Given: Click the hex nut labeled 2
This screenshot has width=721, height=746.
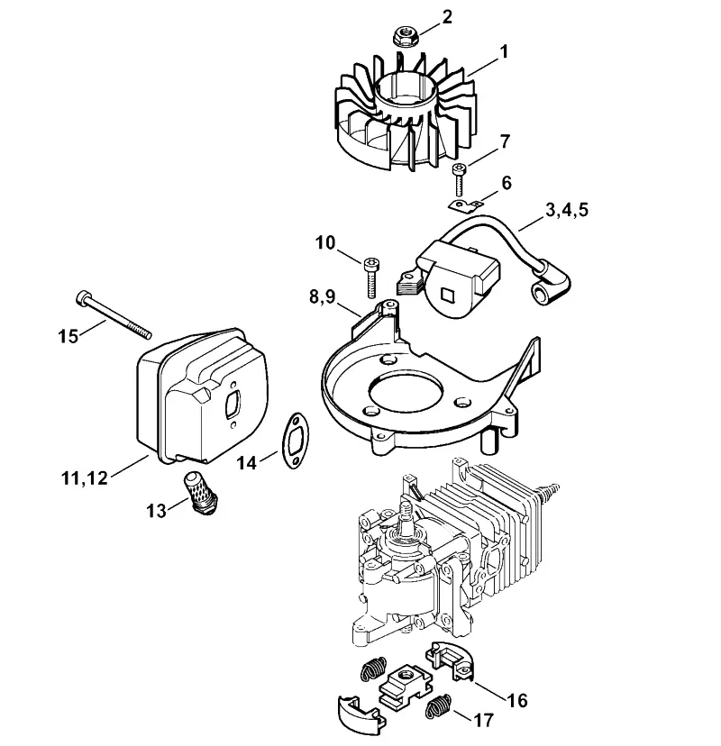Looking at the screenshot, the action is (406, 37).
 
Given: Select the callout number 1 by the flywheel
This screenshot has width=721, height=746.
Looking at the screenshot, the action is (504, 52).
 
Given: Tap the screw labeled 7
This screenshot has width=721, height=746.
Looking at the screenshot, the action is (459, 179).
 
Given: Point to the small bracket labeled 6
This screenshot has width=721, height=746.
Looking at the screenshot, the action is (465, 205).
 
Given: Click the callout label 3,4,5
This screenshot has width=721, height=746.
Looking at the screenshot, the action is (566, 210).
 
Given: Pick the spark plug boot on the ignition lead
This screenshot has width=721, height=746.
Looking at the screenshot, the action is (552, 288).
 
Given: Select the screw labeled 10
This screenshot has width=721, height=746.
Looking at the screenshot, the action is (370, 277).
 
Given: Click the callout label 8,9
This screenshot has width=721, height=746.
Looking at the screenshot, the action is (329, 297).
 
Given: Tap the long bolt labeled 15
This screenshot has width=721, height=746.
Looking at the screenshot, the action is (114, 314).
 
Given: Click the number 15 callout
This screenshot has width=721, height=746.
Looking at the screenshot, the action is (68, 336).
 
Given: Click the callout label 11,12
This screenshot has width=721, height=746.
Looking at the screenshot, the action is (84, 478).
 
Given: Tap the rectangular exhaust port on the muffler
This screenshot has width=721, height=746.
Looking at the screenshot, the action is (233, 404).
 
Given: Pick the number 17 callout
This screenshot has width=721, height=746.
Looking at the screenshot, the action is (483, 720).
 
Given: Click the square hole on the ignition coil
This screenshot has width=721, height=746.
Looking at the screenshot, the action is (449, 296).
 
